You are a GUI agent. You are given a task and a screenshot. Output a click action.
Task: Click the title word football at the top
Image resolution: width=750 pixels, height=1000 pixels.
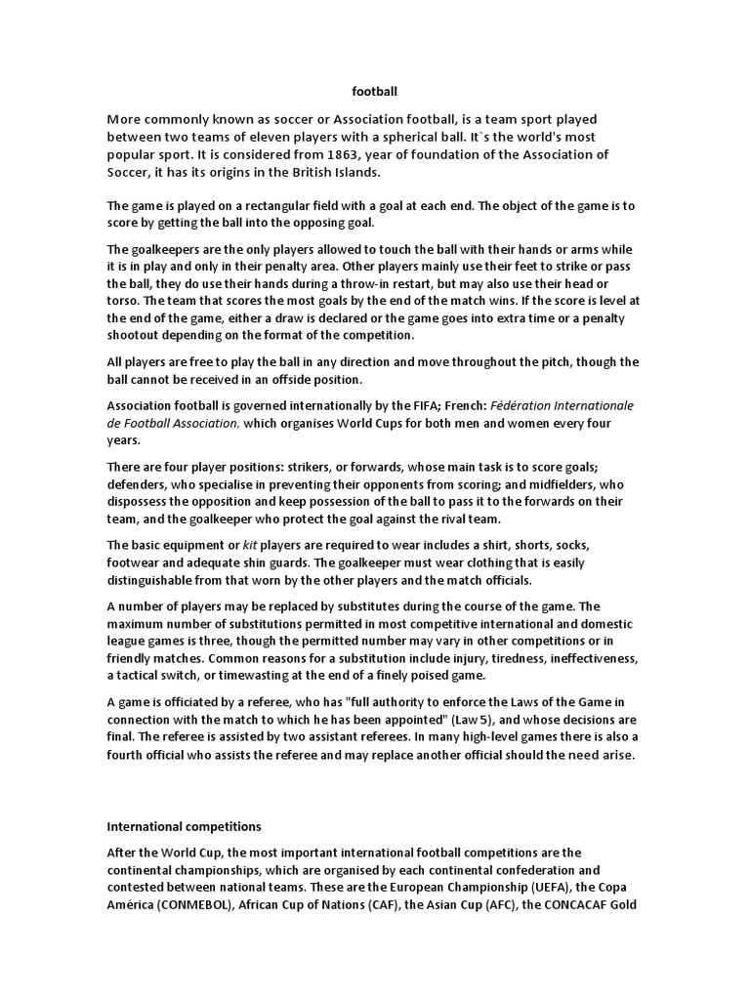(x=375, y=91)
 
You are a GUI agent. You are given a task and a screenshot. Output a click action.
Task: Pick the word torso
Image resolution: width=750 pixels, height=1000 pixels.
(x=124, y=302)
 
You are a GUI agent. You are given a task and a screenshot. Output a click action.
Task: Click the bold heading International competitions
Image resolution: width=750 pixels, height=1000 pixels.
(x=185, y=826)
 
